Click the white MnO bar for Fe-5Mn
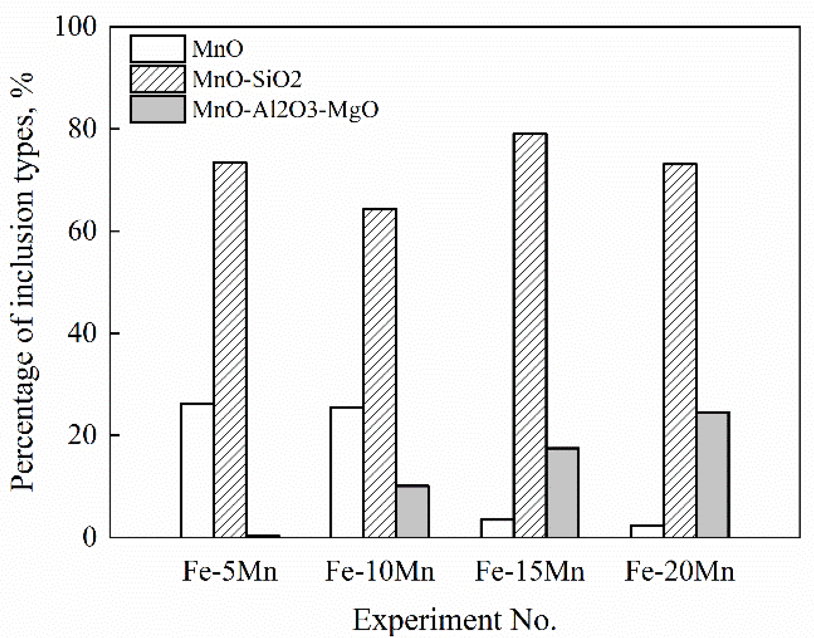[x=197, y=470]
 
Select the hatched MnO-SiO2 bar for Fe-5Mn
[x=230, y=350]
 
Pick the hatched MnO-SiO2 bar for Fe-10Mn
[x=380, y=373]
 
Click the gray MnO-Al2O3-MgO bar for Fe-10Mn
[x=412, y=511]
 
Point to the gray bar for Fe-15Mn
[x=562, y=492]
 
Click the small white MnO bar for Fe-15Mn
[x=497, y=528]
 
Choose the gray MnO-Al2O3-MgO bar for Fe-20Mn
[x=713, y=475]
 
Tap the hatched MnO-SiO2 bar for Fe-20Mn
[x=680, y=351]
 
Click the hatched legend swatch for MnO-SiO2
[x=158, y=79]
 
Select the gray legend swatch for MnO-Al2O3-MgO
[x=158, y=109]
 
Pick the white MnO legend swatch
[x=158, y=48]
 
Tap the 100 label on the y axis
[x=76, y=27]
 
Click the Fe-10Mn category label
[x=380, y=572]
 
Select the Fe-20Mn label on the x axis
[x=679, y=572]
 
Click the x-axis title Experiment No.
[x=454, y=620]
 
